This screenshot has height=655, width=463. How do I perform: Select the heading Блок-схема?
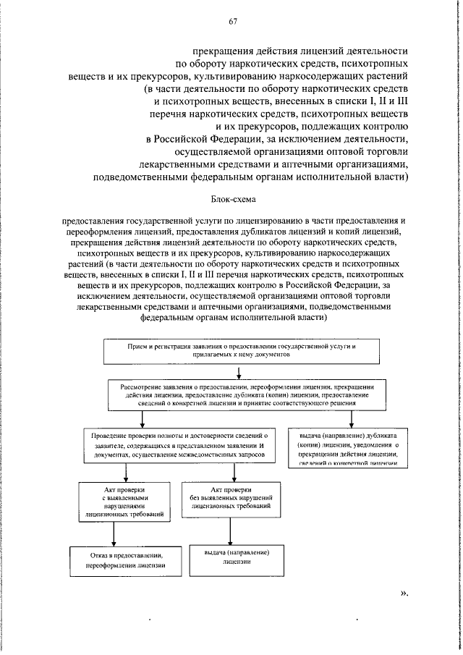point(233,198)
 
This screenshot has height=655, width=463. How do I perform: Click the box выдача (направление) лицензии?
point(231,556)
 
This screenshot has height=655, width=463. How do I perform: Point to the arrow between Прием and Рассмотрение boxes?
point(239,373)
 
